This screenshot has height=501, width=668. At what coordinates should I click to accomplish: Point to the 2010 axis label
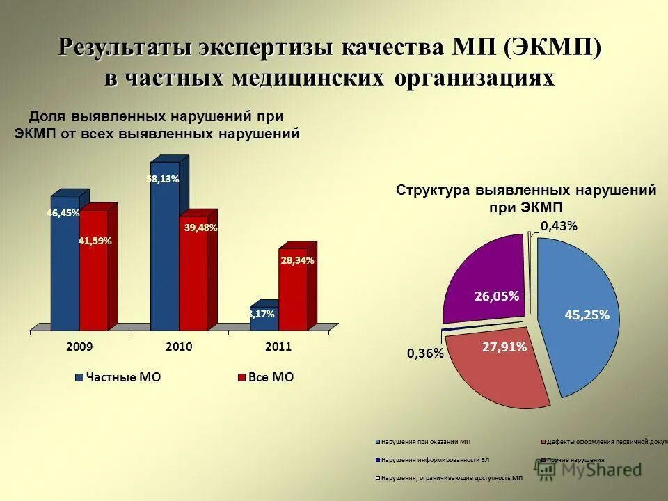tap(179, 347)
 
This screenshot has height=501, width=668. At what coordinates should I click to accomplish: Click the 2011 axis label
tap(278, 347)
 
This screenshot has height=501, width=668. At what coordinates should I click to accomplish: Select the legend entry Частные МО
tap(118, 377)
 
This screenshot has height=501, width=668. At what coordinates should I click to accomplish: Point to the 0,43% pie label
tap(559, 226)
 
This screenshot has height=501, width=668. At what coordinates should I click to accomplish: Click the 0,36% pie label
tap(425, 353)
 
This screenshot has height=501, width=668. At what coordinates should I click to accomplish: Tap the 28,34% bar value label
tap(298, 260)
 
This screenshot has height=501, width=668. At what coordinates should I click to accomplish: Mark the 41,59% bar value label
tap(95, 241)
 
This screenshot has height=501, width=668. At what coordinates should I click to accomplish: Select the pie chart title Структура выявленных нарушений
tap(526, 191)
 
